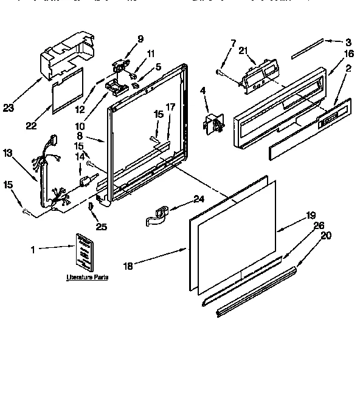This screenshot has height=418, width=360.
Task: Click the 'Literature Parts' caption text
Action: tap(87, 277)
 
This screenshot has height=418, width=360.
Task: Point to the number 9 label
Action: tap(140, 39)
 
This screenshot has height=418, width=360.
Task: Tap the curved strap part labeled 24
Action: tap(157, 216)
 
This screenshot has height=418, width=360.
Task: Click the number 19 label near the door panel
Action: tap(311, 214)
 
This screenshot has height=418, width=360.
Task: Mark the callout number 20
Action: tap(327, 236)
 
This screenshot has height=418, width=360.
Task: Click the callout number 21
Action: tap(244, 51)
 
